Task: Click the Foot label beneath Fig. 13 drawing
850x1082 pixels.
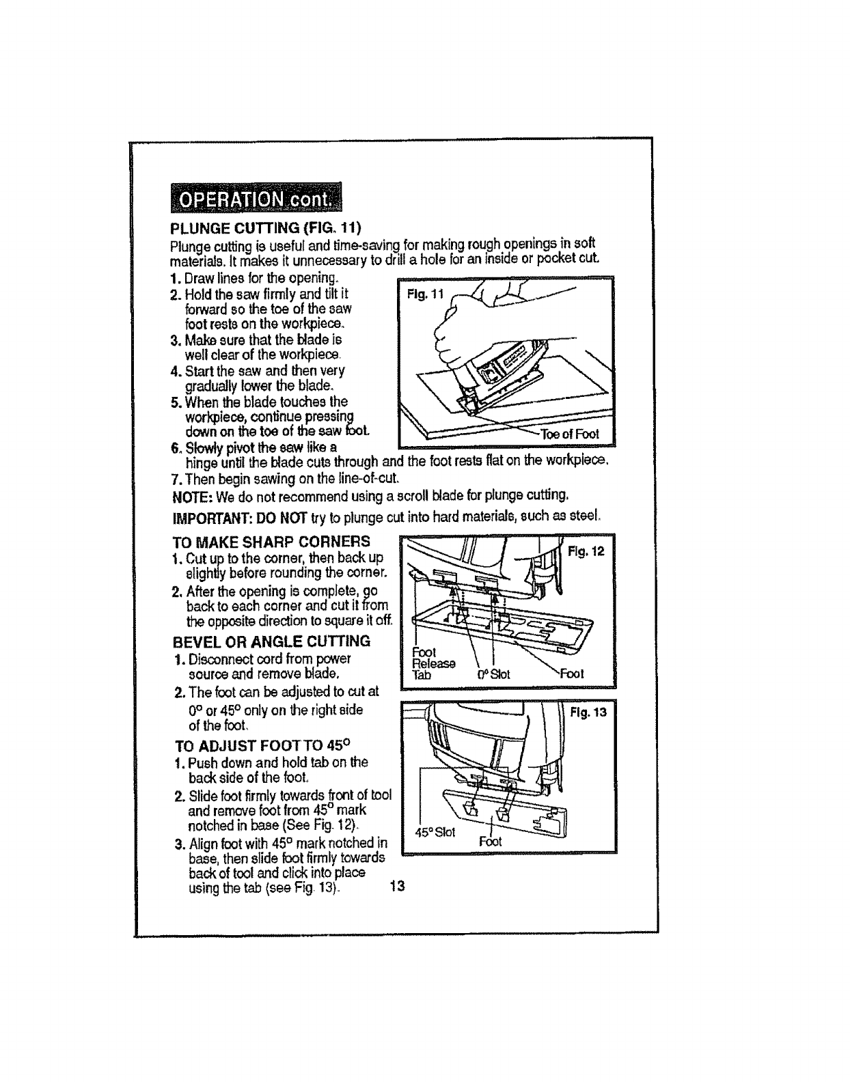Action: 490,841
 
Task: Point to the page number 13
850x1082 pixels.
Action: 397,887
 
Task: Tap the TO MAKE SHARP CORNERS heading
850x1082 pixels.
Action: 271,542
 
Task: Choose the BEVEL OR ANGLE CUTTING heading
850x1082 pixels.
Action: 271,641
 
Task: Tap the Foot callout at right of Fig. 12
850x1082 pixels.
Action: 572,674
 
